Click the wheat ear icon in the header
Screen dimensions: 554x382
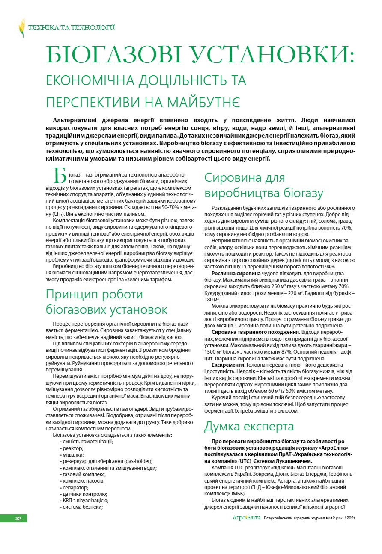22,28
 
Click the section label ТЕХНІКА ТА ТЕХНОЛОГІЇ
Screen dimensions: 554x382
71,28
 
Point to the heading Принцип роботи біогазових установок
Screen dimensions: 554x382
106,302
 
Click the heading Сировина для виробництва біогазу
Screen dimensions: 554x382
264,185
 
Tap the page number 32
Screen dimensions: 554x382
18,519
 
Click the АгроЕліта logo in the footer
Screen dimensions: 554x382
246,518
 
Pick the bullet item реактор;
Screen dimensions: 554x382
72,448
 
